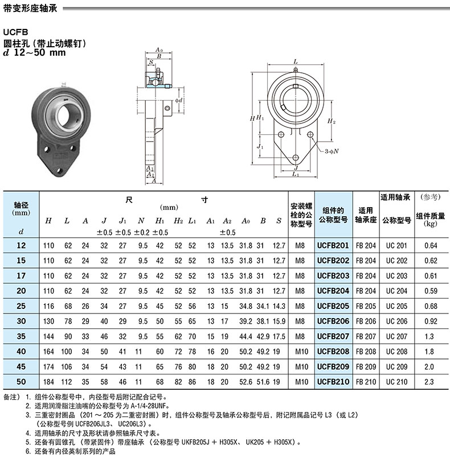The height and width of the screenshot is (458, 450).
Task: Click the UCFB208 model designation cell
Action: [333, 352]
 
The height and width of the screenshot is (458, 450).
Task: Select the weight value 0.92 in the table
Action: [431, 321]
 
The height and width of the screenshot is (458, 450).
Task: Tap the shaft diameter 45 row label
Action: [21, 366]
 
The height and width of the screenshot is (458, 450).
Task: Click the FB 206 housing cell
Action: [366, 321]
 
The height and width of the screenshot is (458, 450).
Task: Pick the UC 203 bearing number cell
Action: [396, 276]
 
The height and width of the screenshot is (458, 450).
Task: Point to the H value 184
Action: [48, 382]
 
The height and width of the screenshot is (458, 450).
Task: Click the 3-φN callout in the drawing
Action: [332, 151]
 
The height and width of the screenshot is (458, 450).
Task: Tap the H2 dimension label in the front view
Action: [332, 121]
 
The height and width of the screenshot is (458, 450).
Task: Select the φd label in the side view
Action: [179, 101]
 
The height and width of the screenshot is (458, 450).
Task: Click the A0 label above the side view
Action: [159, 49]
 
